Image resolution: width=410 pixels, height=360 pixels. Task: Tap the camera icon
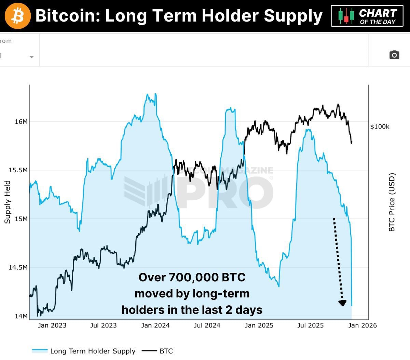pyautogui.click(x=394, y=55)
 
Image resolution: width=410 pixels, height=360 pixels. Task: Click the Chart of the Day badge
pyautogui.click(x=367, y=16)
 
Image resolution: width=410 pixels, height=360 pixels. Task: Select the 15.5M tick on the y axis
pyautogui.click(x=18, y=170)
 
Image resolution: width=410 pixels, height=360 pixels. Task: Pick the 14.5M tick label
pyautogui.click(x=18, y=267)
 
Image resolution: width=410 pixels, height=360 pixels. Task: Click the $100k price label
pyautogui.click(x=380, y=127)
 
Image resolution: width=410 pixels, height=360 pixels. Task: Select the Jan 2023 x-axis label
pyautogui.click(x=52, y=325)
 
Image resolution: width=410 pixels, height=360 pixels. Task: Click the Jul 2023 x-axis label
pyautogui.click(x=104, y=325)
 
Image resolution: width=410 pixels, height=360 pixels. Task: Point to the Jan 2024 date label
pyautogui.click(x=155, y=325)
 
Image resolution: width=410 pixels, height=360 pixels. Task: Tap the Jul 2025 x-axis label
pyautogui.click(x=310, y=325)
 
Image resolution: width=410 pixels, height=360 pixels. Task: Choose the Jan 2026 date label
pyautogui.click(x=363, y=325)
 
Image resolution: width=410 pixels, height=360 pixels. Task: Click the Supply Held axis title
pyautogui.click(x=8, y=202)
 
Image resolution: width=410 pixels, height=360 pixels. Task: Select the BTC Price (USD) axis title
pyautogui.click(x=392, y=202)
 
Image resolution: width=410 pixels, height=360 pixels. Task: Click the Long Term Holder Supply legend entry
pyautogui.click(x=93, y=351)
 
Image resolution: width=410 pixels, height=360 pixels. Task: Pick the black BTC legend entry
pyautogui.click(x=166, y=351)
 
